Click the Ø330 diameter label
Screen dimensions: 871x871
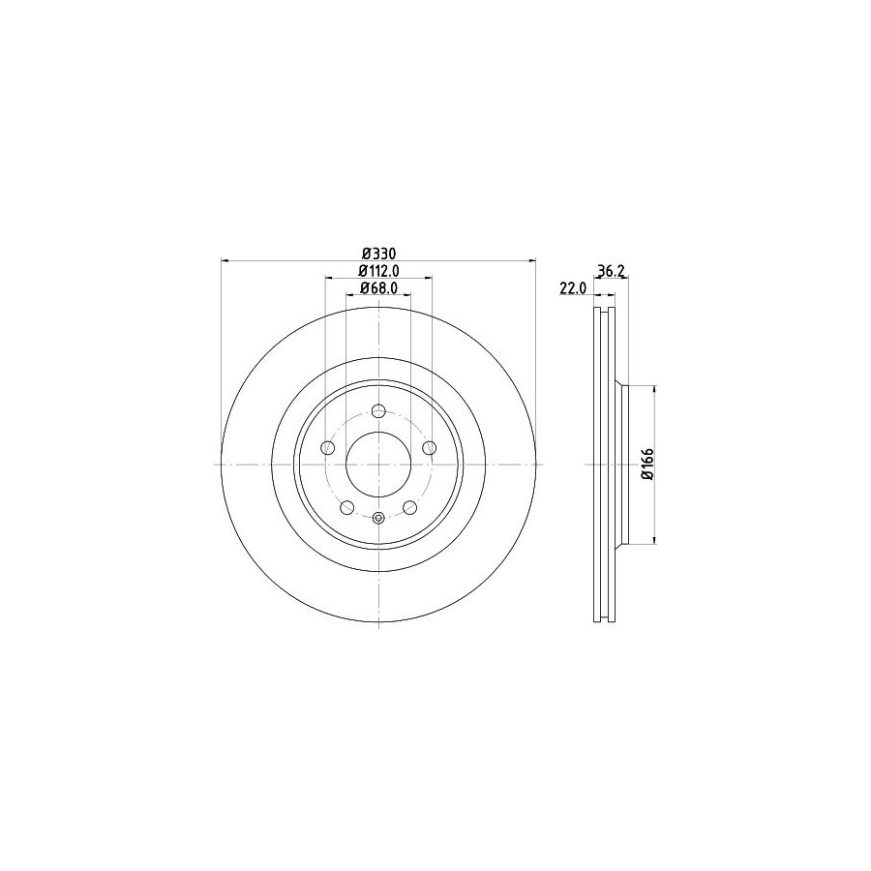pos(378,254)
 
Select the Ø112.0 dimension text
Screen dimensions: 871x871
pos(378,271)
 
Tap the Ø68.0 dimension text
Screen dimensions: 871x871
pos(378,287)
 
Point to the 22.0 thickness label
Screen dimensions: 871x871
pos(573,287)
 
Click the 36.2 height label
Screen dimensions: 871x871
pos(612,271)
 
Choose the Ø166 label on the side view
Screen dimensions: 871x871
pos(647,464)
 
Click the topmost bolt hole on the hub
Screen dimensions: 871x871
pos(378,411)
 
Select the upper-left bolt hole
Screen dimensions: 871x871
pos(328,448)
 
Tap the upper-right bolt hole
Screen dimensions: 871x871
pos(429,448)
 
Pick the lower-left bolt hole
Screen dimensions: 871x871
pos(347,507)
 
